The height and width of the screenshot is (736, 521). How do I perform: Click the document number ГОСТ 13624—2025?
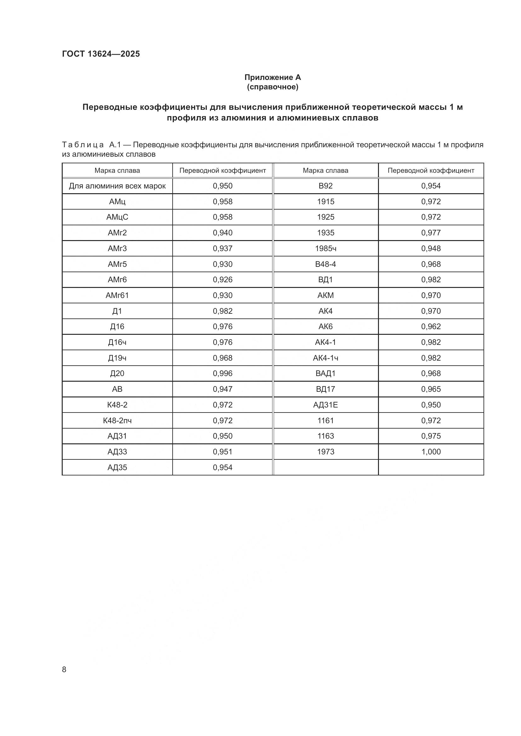101,54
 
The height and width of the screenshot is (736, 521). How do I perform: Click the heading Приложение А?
272,77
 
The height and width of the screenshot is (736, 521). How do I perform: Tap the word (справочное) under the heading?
272,87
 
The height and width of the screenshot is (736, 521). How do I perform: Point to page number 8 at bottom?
64,669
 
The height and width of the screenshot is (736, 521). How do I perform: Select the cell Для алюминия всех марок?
117,186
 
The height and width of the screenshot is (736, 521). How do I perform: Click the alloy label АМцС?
117,217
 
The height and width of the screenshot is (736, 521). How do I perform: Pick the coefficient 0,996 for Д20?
222,374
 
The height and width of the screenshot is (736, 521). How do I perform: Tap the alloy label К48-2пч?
117,420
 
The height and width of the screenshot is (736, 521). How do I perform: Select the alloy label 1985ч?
325,249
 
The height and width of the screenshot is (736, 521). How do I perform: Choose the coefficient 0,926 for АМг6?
222,279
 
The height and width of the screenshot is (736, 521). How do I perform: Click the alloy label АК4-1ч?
325,358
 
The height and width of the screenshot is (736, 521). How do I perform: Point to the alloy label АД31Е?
325,405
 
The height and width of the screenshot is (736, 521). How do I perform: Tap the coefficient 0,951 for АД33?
222,452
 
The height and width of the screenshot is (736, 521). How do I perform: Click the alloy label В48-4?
325,264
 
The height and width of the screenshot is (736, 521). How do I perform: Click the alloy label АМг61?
117,295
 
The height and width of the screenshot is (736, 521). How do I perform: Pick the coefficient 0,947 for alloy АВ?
222,389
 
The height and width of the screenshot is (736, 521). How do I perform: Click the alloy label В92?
325,186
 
